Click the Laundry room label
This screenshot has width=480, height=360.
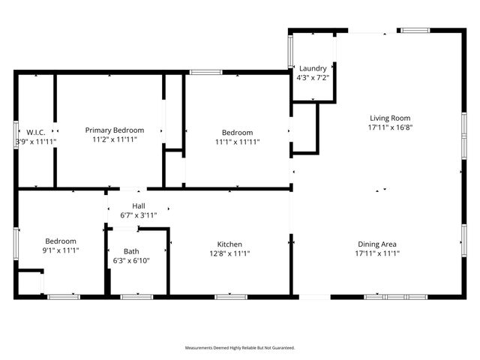[313, 68]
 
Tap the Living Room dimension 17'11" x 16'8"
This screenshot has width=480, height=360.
[390, 127]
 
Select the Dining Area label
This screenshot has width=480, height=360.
[388, 244]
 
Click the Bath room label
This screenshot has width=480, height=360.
[131, 251]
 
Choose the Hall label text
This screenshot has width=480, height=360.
[139, 205]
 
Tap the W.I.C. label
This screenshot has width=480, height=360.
[36, 131]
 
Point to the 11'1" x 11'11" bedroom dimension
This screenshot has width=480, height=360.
[237, 141]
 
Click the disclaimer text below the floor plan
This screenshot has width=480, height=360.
[240, 347]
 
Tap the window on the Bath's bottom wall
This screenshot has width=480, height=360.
[136, 297]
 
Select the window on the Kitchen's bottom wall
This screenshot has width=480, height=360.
[231, 297]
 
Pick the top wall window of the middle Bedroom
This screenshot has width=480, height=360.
[205, 72]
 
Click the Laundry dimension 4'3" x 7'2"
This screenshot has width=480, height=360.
[313, 77]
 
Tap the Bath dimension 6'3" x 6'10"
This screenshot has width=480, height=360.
[131, 260]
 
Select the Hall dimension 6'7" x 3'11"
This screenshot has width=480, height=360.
[139, 215]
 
